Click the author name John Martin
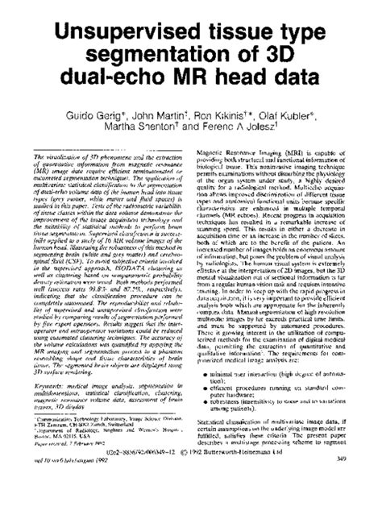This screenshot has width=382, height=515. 159,117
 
